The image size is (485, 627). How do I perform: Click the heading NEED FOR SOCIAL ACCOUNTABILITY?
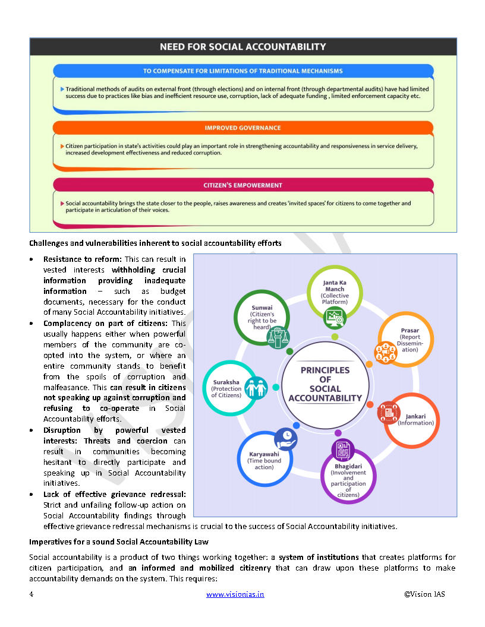[x=242, y=46]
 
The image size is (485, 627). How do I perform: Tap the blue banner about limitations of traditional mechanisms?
[x=242, y=71]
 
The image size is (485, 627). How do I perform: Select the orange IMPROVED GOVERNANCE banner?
[x=242, y=128]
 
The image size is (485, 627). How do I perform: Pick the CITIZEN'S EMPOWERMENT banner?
[x=242, y=185]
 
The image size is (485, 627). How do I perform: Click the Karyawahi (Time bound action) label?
[x=264, y=461]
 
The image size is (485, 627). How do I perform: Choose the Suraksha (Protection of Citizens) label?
[x=226, y=388]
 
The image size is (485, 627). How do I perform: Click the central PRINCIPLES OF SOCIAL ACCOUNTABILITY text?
[x=325, y=384]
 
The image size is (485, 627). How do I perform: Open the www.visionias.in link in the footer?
[x=235, y=594]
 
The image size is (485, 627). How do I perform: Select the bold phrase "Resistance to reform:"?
[x=82, y=259]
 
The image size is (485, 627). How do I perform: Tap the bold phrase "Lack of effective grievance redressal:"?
[x=114, y=494]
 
